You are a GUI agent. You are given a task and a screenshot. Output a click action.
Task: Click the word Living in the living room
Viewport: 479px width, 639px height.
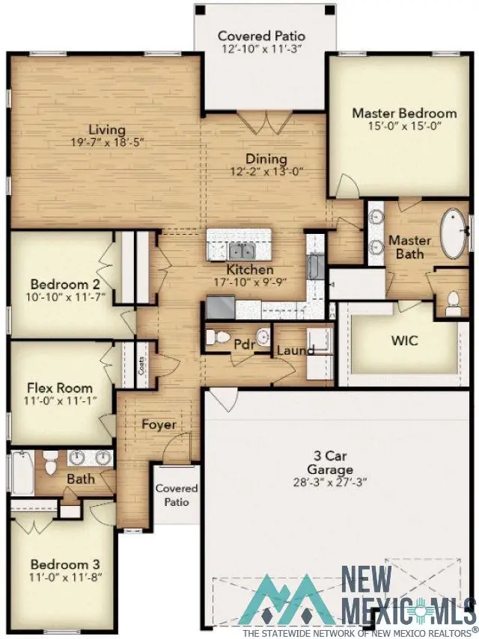(x=106, y=129)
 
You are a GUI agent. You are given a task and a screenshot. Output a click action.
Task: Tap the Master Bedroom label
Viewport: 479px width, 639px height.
(x=404, y=113)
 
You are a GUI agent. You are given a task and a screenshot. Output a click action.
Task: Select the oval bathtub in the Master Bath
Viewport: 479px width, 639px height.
(x=454, y=234)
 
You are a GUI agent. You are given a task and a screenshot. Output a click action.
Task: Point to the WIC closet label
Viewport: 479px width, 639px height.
(x=404, y=341)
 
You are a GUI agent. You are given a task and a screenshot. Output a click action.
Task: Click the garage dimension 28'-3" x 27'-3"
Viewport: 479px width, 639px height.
(x=329, y=483)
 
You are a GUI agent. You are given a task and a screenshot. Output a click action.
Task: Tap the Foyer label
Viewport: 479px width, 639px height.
(x=159, y=425)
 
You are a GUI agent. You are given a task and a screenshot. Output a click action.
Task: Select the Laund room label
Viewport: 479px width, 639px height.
(x=296, y=351)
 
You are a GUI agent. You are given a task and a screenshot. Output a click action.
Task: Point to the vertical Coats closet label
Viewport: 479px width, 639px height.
(x=141, y=365)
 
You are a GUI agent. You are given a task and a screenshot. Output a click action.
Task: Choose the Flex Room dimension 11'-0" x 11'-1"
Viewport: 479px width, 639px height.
(x=60, y=401)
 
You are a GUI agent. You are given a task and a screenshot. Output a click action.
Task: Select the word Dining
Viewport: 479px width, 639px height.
(x=266, y=158)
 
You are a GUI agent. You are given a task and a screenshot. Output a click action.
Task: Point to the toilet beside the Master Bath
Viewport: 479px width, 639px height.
(x=452, y=301)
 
